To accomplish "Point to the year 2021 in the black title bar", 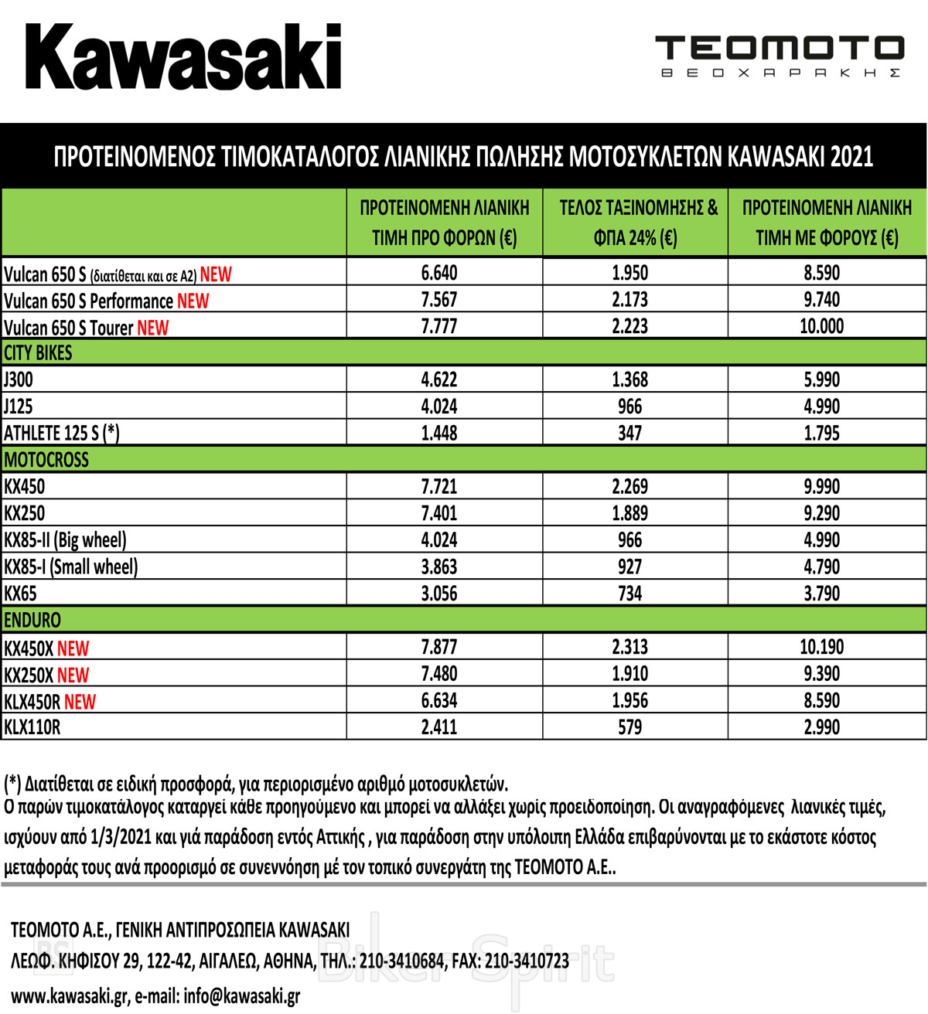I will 851,157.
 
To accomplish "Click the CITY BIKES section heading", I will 39,353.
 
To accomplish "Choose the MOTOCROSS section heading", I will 46,460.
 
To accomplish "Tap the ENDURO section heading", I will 32,620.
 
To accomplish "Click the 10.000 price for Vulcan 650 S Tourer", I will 821,326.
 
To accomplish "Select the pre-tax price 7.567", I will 439,300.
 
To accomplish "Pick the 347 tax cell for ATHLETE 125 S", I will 629,433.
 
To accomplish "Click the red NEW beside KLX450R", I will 80,702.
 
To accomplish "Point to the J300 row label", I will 19,379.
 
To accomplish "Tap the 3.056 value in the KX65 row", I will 439,594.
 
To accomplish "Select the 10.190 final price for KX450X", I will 821,647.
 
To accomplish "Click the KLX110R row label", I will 32,727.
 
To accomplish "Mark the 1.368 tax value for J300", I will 629,379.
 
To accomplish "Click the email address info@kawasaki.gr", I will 241,996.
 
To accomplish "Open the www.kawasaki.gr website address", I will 69,996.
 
